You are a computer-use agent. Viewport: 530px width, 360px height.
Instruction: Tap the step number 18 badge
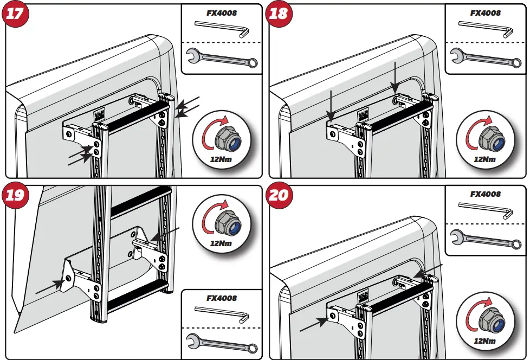pos(279,13)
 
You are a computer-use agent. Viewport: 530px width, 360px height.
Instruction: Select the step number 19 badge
pos(15,194)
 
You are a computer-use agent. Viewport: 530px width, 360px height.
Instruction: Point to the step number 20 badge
pos(279,194)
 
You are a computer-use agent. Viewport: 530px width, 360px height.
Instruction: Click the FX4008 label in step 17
pos(222,12)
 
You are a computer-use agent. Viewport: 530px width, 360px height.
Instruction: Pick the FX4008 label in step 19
pos(222,298)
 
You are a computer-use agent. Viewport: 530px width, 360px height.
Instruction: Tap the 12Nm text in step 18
pos(484,159)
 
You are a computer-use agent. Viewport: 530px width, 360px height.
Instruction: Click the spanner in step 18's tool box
pos(485,56)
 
